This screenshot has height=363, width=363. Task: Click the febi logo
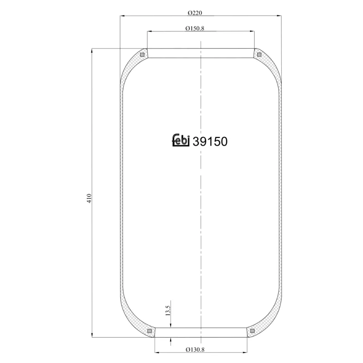tap(181, 141)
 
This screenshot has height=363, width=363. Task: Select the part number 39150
tap(210, 142)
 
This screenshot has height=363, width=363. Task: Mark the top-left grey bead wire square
tap(142, 55)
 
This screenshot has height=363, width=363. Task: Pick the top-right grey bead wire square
tap(259, 55)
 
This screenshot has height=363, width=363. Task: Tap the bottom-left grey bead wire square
tap(149, 331)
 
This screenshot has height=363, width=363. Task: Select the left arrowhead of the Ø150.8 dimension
tap(149, 32)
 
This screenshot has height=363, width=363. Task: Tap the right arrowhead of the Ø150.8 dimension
tap(252, 32)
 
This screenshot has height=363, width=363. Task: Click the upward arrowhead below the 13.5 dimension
tap(170, 340)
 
